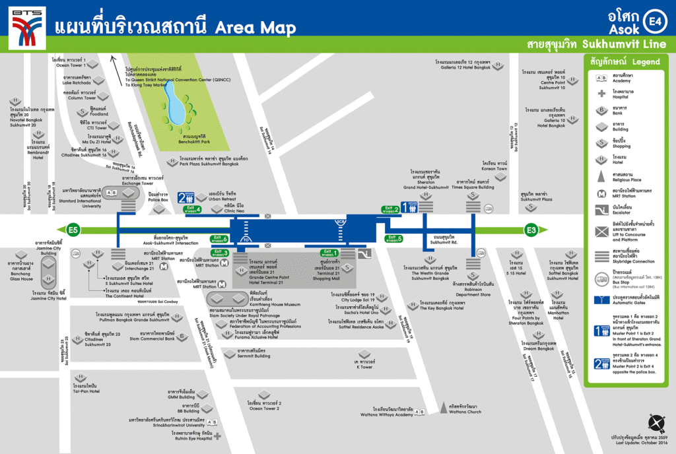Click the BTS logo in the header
(x=27, y=24)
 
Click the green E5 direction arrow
(x=67, y=230)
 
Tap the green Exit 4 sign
(x=192, y=210)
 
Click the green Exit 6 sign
(x=219, y=239)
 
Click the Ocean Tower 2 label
(x=264, y=406)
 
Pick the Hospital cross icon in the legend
(x=601, y=94)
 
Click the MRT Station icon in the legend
(x=601, y=195)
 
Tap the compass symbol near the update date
(x=656, y=423)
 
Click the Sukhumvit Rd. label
(x=443, y=241)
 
